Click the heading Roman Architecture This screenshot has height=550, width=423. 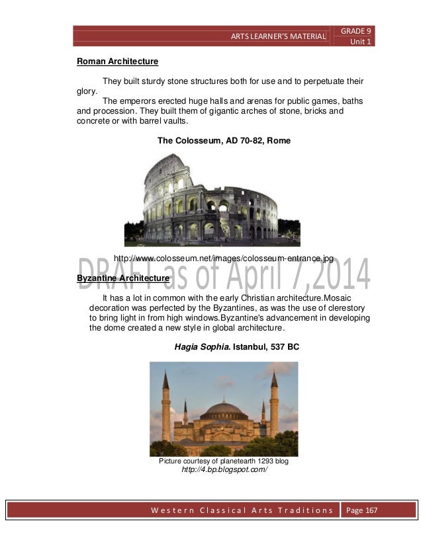pos(117,61)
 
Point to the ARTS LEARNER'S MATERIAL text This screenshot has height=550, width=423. pos(278,36)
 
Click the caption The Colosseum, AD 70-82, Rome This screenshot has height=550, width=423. pos(224,141)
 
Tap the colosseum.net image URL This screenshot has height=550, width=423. pos(224,258)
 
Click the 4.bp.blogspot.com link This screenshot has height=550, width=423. pos(224,471)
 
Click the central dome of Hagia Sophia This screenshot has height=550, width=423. pos(224,409)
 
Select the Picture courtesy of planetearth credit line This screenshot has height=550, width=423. pos(224,461)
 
